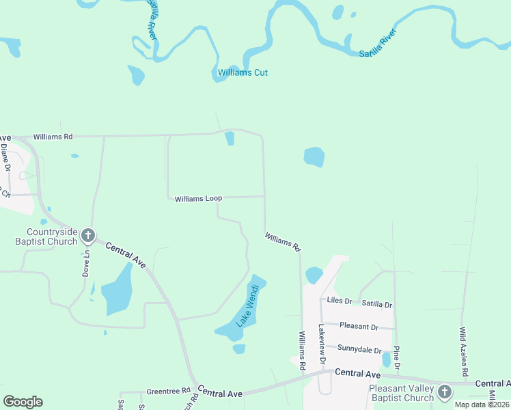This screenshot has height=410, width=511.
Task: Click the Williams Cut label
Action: (x=243, y=72)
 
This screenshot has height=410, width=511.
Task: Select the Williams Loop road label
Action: (x=198, y=199)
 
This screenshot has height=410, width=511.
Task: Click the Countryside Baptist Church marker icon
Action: (x=87, y=236)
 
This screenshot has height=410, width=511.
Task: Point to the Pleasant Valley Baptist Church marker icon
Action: (x=445, y=392)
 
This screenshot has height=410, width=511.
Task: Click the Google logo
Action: (x=23, y=402)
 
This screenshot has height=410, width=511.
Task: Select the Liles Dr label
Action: (x=339, y=301)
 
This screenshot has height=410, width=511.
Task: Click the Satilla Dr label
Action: (x=377, y=305)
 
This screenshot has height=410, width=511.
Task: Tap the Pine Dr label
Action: (x=396, y=358)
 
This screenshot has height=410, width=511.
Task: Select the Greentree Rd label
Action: (x=168, y=392)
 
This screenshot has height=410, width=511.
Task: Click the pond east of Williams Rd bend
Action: (x=314, y=157)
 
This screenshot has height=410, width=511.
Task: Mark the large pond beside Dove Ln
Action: (x=117, y=290)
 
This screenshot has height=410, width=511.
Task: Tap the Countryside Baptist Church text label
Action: (x=47, y=236)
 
